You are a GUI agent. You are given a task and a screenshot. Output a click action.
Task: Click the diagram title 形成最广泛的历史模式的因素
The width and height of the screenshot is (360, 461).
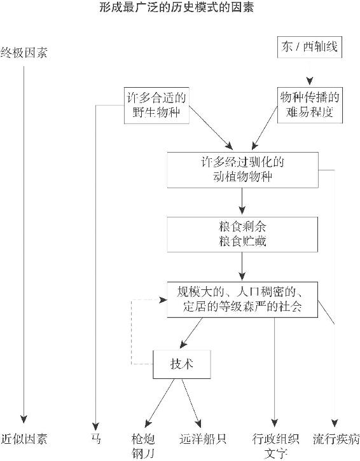click(x=176, y=7)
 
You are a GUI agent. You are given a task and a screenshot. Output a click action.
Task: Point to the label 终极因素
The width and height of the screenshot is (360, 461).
click(x=24, y=53)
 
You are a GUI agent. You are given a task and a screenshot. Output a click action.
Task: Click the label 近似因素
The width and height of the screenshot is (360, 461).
click(x=24, y=439)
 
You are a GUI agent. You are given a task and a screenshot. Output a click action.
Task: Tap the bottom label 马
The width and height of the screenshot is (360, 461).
click(x=95, y=439)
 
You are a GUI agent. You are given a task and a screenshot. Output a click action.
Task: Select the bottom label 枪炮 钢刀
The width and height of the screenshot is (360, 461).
click(x=143, y=446)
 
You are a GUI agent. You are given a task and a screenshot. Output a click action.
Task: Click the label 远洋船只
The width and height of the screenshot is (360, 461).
click(x=203, y=439)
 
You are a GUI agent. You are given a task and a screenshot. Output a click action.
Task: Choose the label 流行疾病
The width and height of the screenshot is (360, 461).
click(x=336, y=439)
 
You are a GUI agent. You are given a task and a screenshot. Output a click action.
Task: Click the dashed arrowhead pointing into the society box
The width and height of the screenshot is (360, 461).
click(x=163, y=300)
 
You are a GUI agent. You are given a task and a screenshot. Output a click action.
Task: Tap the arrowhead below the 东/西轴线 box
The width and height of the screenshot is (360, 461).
click(x=309, y=81)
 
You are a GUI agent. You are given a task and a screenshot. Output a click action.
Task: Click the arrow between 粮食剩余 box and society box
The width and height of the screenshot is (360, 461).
click(x=242, y=266)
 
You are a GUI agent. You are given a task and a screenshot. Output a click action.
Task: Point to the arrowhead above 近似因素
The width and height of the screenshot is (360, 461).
click(x=24, y=419)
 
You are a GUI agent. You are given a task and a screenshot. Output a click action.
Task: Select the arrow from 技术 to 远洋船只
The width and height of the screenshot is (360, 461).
click(x=191, y=403)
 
